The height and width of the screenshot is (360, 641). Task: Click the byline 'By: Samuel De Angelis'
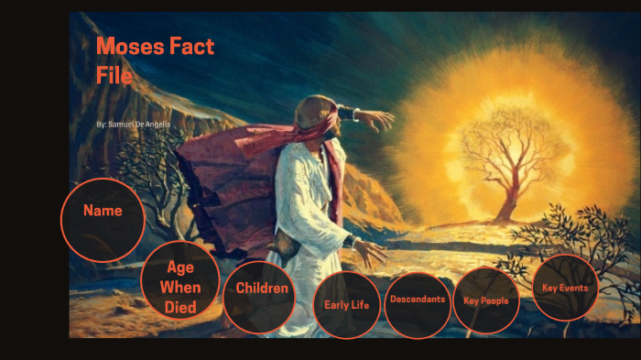click(133, 123)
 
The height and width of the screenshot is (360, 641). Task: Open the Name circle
click(103, 211)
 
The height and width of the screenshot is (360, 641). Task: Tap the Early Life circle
click(346, 305)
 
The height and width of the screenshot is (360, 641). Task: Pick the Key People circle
click(486, 300)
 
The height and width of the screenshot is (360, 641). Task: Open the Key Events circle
click(565, 288)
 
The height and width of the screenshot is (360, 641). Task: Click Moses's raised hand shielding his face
click(375, 118)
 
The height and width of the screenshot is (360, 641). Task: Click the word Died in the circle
click(180, 307)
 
